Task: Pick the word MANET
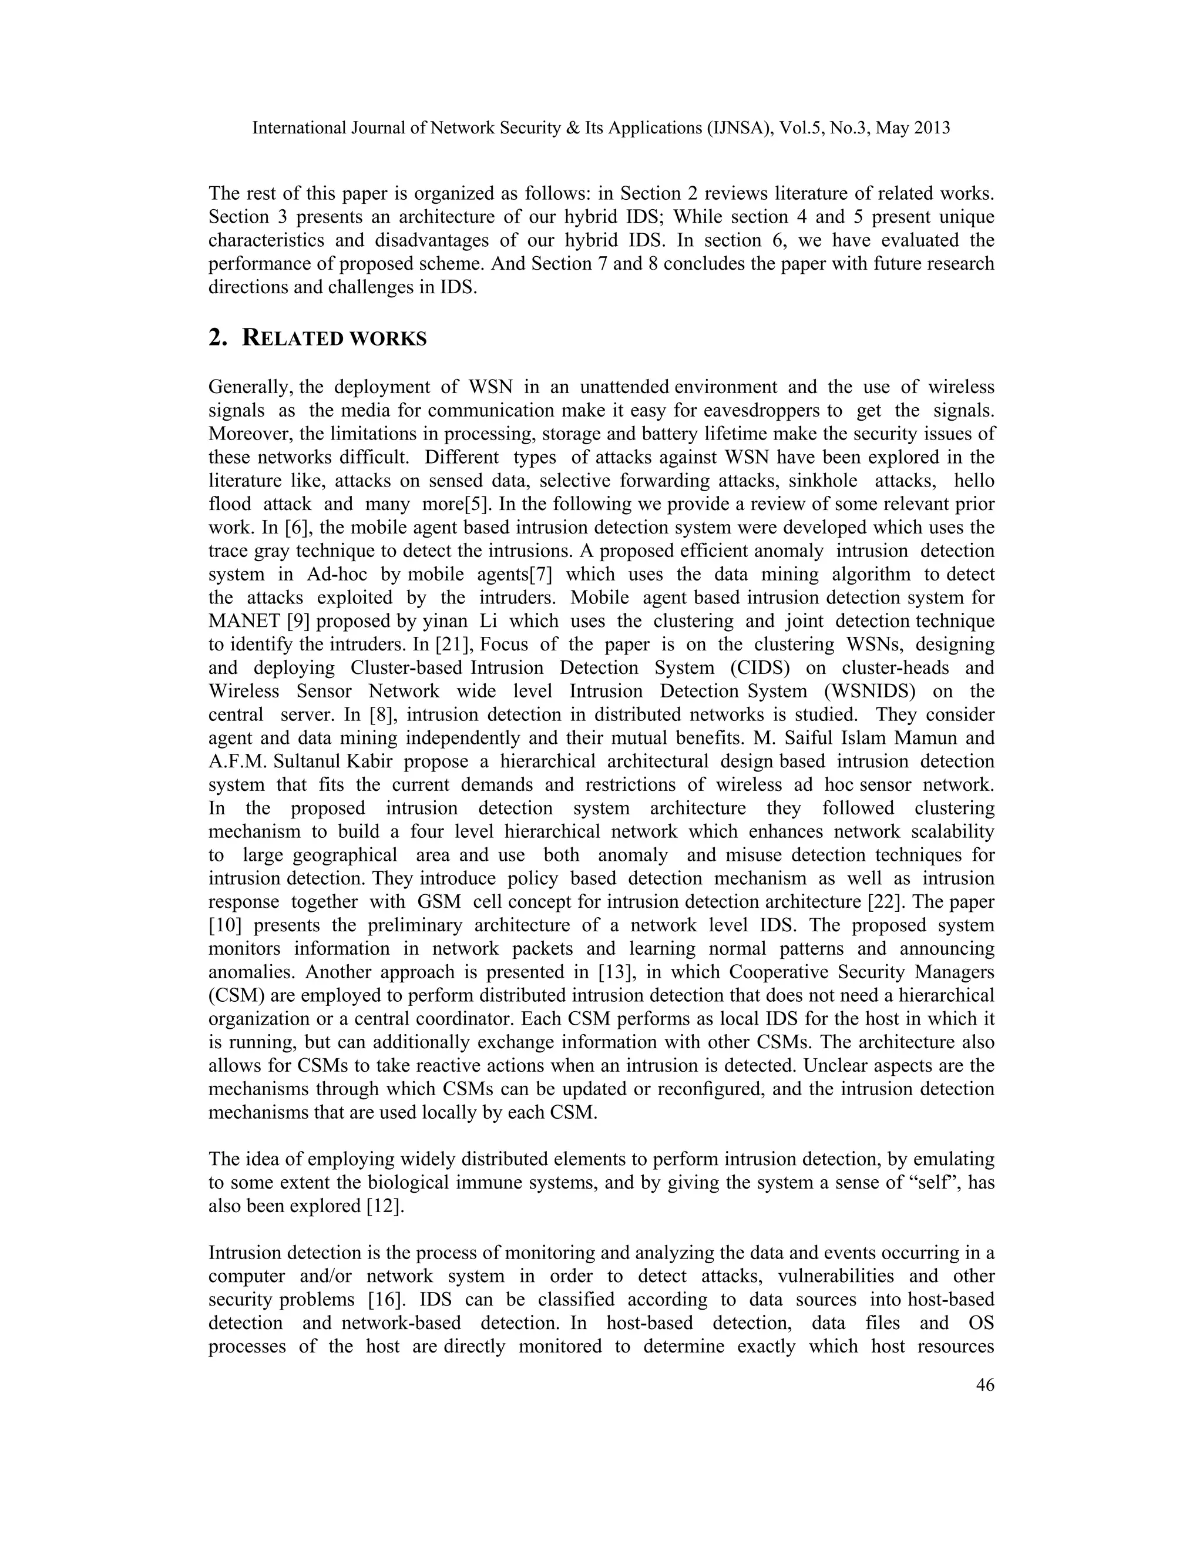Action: [x=244, y=621]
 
